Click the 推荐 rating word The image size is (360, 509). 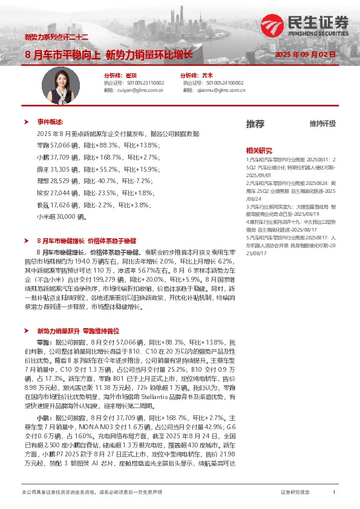coord(255,124)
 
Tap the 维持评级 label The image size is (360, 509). coord(322,124)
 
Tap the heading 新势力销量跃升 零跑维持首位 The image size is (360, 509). coord(78,331)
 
